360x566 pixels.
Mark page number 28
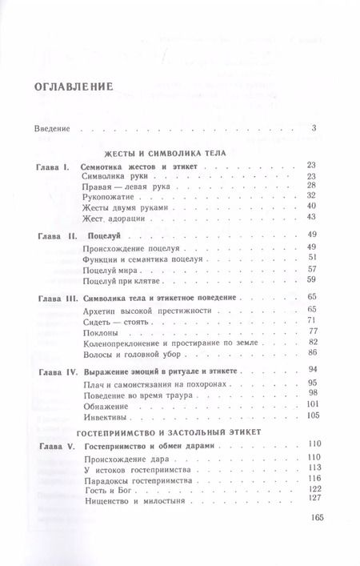pos(313,185)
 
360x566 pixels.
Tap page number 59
pos(313,279)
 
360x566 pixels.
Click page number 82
pos(313,341)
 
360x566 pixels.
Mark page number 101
pos(311,404)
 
